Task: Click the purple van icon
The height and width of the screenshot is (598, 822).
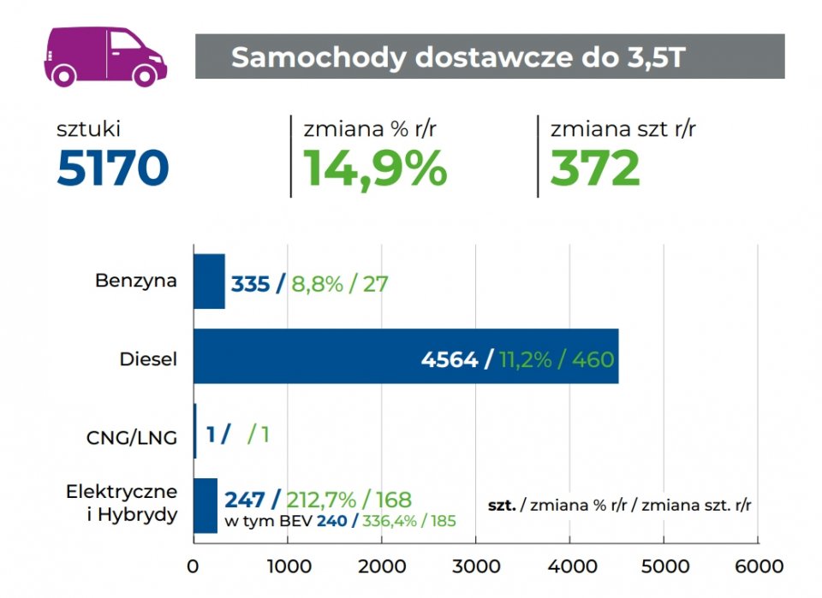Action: [105, 56]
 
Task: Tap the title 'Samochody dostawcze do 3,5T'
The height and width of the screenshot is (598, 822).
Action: [458, 56]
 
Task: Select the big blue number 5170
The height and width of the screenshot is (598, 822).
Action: [112, 169]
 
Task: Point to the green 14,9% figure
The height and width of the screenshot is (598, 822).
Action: [375, 169]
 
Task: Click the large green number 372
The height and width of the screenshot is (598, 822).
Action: [594, 169]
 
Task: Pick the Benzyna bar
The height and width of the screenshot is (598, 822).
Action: [209, 281]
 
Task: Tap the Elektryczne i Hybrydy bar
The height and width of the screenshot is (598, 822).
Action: [205, 506]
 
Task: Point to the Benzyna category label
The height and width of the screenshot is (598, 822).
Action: [137, 280]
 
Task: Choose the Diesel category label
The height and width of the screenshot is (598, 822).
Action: [148, 359]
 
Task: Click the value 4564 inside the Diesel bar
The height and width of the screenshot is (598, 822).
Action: [450, 359]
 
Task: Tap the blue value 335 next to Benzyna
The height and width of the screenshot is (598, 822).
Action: [250, 284]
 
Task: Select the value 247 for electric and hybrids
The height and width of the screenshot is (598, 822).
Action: [247, 500]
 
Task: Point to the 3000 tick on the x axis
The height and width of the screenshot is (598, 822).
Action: [476, 566]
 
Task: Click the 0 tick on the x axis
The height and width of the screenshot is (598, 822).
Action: [194, 566]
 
